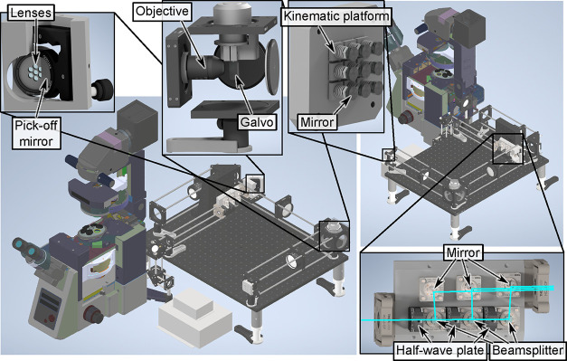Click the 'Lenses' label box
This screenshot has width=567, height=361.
coord(32,14)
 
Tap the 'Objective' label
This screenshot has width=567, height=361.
coord(163,11)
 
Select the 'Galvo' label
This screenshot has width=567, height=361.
coord(257,122)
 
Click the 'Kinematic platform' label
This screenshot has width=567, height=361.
coord(336,16)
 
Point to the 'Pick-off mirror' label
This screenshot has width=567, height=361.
coord(36,133)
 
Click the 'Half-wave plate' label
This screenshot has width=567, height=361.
coord(440,350)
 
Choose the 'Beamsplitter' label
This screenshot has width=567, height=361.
coord(527,350)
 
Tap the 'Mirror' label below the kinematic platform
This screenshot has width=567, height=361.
coord(317,122)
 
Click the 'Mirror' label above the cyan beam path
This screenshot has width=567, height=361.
coord(463,252)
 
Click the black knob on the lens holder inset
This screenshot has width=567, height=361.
coord(102,89)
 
